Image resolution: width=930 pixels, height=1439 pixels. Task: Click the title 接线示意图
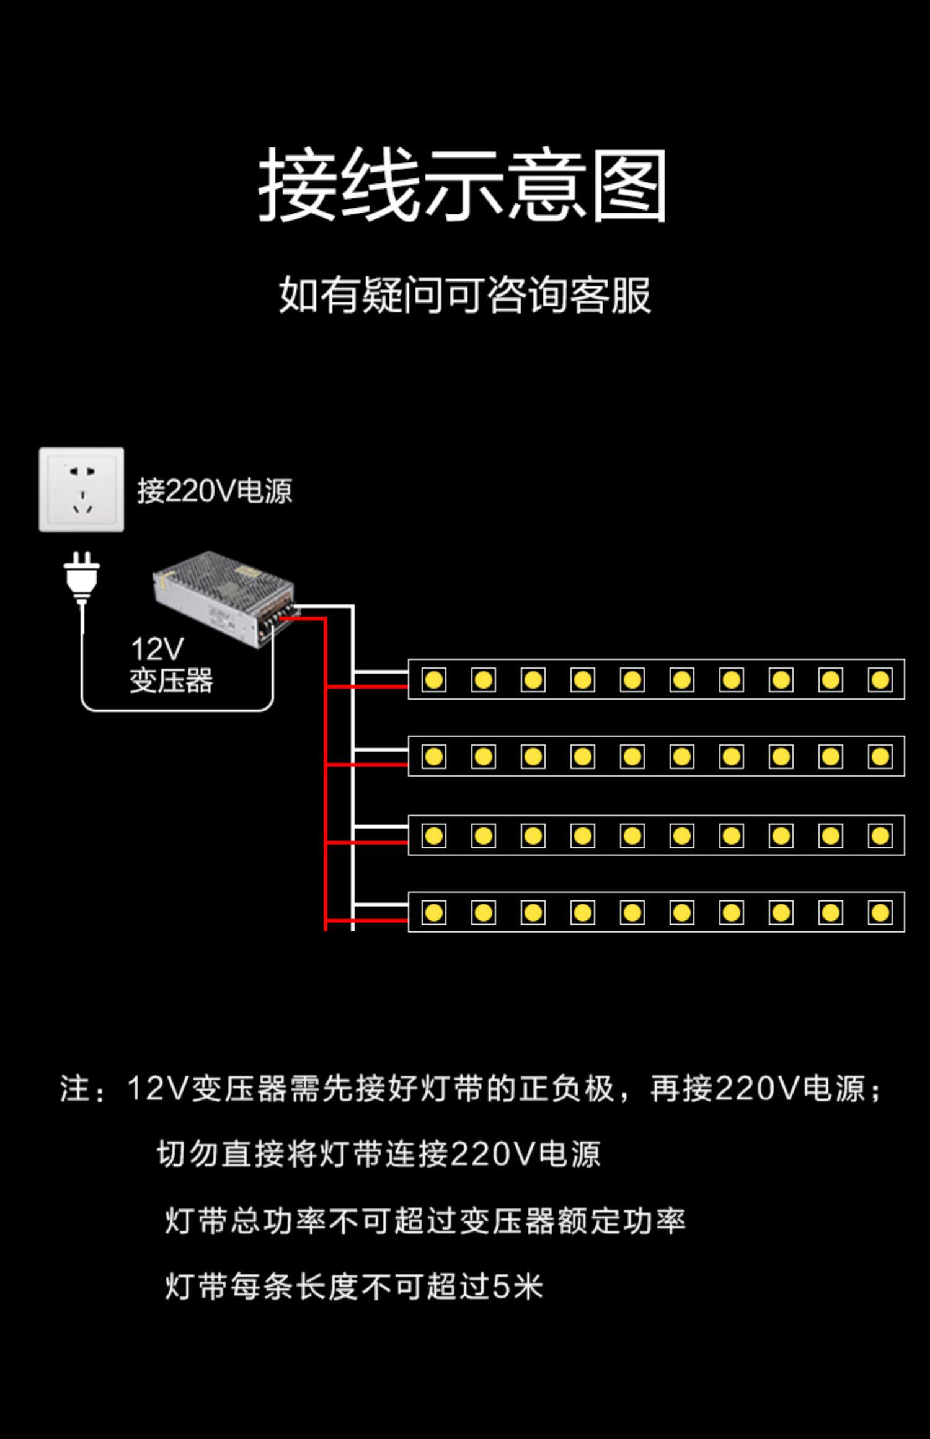[463, 185]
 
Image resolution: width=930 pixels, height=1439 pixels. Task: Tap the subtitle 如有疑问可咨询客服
[464, 295]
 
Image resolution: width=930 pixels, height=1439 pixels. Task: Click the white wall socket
[81, 490]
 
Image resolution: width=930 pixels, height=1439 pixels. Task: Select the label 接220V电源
[215, 491]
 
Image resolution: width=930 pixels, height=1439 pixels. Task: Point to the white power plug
[82, 576]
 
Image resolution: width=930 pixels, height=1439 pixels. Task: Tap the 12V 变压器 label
[170, 666]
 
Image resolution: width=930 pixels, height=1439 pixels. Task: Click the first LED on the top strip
[433, 680]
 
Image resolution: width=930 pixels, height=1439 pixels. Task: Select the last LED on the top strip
[880, 680]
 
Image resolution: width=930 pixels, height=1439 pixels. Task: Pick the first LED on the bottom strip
[433, 912]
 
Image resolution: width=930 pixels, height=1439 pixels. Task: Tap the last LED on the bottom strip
[880, 912]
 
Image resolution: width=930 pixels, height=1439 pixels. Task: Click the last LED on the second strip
[880, 757]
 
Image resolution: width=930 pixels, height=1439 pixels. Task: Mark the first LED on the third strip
[433, 835]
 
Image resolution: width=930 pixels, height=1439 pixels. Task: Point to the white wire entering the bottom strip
[380, 904]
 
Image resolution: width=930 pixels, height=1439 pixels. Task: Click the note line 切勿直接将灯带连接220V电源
[378, 1154]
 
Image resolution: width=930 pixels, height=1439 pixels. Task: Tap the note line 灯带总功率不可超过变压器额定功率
[425, 1221]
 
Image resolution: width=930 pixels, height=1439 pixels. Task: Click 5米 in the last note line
[518, 1287]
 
